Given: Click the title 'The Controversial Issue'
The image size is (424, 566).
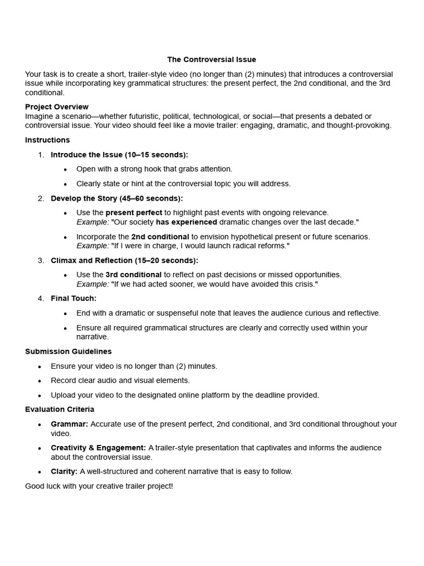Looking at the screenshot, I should pos(211,60).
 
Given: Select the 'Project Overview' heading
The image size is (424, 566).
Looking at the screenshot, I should pos(57,107).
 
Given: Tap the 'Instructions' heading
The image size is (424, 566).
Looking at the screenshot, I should pos(47,140).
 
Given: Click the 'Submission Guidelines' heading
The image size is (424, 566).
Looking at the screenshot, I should pos(68,352).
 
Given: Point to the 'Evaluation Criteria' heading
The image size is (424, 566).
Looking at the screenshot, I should pos(60,410).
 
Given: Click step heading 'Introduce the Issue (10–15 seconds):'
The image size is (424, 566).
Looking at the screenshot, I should pos(119,155).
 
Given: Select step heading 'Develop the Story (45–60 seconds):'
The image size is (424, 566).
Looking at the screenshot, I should pos(116,198).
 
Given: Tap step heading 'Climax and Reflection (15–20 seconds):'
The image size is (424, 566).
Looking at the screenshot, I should pos(124,260).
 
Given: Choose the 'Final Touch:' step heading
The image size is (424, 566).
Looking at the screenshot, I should pos(73,298).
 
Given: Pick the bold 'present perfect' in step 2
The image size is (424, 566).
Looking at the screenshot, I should pos(134,213).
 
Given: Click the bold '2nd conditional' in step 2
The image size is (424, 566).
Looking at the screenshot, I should pos(160,237).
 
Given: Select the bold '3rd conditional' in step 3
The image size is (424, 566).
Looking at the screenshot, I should pos(134,275).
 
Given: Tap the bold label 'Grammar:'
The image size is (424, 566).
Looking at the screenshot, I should pos(70,424).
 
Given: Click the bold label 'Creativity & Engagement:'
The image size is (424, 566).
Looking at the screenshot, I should pos(98,448).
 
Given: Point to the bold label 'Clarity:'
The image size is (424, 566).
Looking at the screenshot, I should pos(64,471).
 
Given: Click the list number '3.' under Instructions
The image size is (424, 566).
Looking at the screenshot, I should pos(41,260).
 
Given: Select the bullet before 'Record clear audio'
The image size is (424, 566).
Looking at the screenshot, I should pos(39,381).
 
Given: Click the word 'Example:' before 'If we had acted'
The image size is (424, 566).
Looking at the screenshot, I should pos(92,284).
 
